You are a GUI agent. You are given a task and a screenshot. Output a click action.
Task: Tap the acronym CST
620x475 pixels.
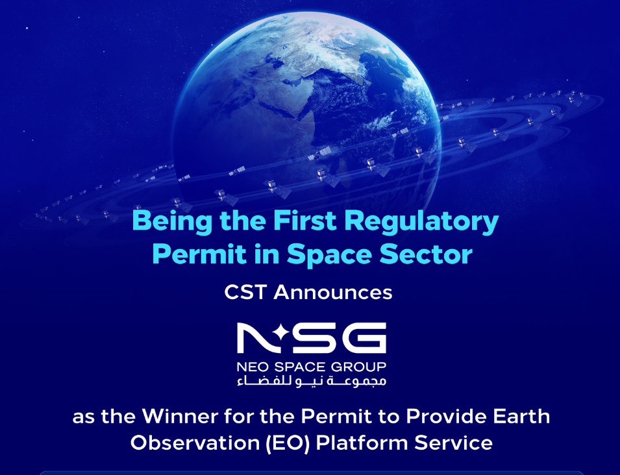click(x=245, y=293)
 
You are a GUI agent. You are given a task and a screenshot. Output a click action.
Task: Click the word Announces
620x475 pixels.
click(x=333, y=293)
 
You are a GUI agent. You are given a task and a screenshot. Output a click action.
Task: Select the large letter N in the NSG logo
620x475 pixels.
click(x=252, y=338)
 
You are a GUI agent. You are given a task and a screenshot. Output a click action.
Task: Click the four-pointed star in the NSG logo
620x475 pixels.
click(x=282, y=333)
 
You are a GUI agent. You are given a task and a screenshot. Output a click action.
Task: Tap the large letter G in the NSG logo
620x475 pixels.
click(x=367, y=338)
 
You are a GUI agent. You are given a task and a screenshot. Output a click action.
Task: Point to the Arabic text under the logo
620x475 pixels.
click(x=312, y=380)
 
